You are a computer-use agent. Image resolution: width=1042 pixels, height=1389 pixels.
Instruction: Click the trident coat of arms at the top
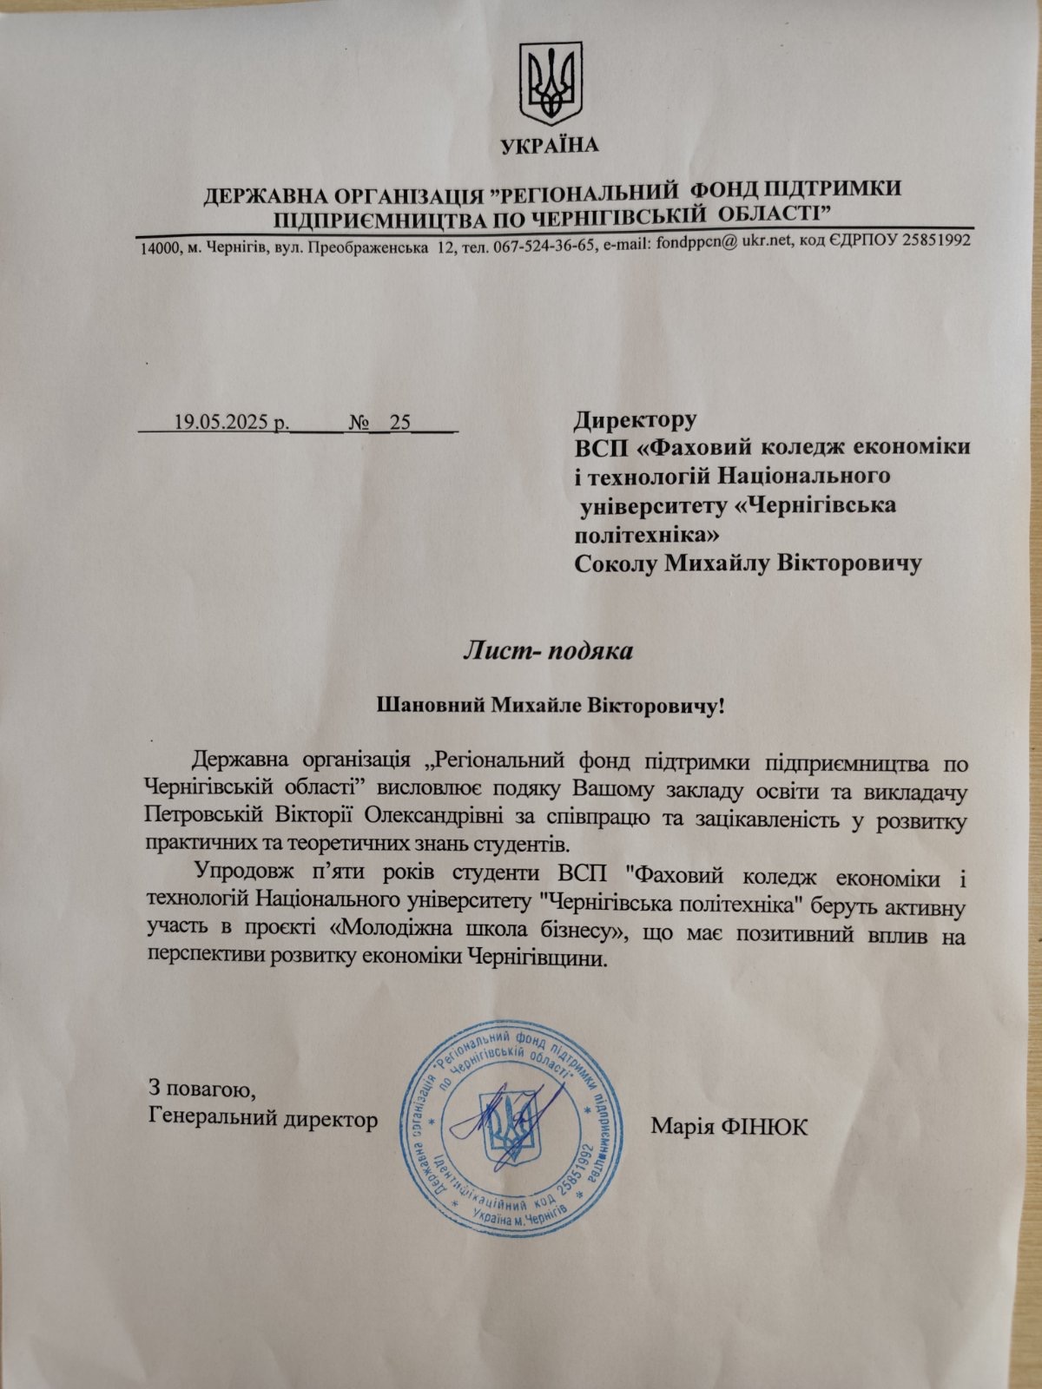(x=550, y=83)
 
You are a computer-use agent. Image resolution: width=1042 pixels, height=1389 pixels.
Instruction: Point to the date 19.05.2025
(x=222, y=423)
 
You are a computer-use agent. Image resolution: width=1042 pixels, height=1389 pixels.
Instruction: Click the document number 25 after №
(x=400, y=423)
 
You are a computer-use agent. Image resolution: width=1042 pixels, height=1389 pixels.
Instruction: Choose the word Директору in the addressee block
(x=635, y=421)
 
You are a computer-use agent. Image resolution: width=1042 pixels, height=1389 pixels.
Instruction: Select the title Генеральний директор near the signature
(x=263, y=1119)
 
